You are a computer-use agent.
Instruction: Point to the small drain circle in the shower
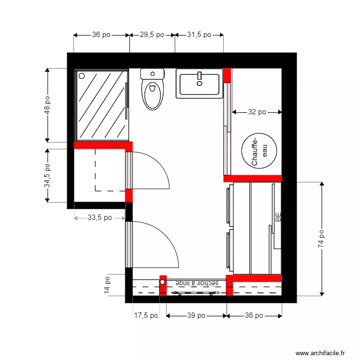coord(82,76)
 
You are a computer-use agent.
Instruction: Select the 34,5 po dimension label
coord(47,176)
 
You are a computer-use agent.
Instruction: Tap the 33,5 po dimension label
coord(100,217)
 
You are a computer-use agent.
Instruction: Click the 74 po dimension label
coord(321,239)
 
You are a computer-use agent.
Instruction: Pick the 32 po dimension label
coord(257,112)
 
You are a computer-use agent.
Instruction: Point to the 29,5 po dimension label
coord(152,35)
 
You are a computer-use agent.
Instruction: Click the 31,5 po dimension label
coord(199,35)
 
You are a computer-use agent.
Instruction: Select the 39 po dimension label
coord(196,315)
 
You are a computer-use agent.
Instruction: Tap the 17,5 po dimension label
coord(145,315)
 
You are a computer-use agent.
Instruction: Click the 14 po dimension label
coord(108,286)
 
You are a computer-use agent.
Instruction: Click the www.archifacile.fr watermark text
coord(320,353)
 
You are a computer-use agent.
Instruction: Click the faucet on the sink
coord(199,76)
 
